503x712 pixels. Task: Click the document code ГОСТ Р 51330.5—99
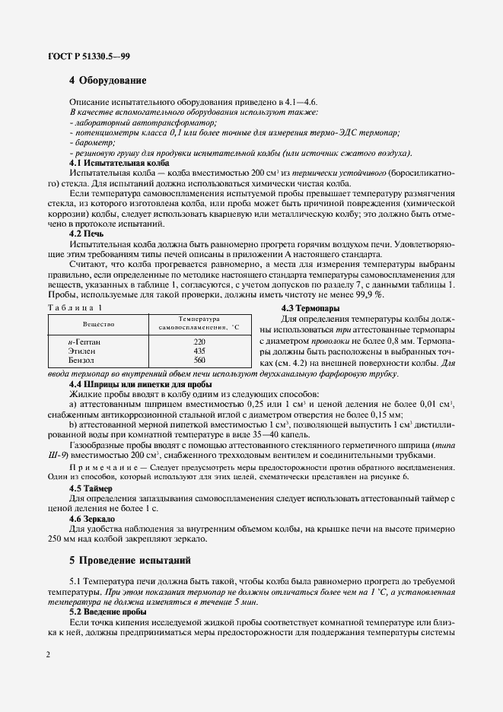pyautogui.click(x=78, y=56)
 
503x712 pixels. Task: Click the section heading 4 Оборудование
pyautogui.click(x=107, y=81)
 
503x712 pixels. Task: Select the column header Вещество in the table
pyautogui.click(x=99, y=323)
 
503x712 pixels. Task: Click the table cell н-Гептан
pyautogui.click(x=84, y=342)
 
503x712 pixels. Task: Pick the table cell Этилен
pyautogui.click(x=81, y=351)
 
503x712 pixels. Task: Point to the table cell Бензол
pyautogui.click(x=81, y=360)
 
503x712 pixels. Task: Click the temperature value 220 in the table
pyautogui.click(x=199, y=342)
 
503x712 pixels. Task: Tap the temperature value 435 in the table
pyautogui.click(x=199, y=351)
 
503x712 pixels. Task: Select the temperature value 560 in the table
pyautogui.click(x=199, y=360)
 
